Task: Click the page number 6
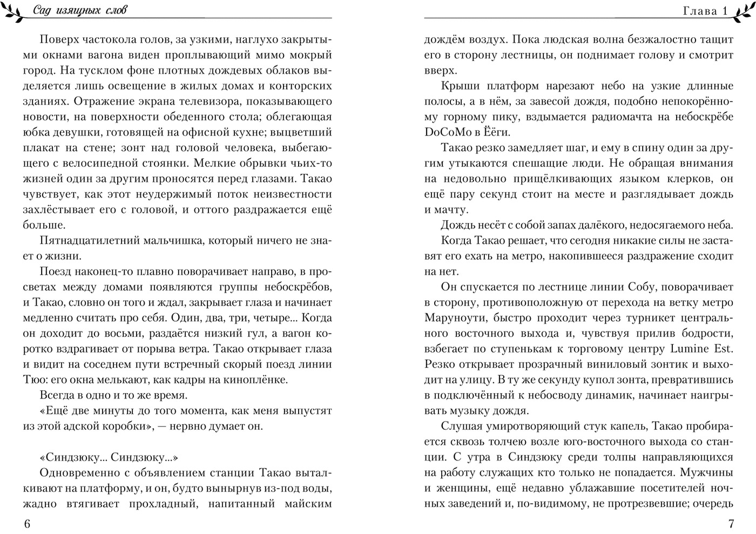(x=28, y=524)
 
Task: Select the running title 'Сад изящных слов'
(x=80, y=10)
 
